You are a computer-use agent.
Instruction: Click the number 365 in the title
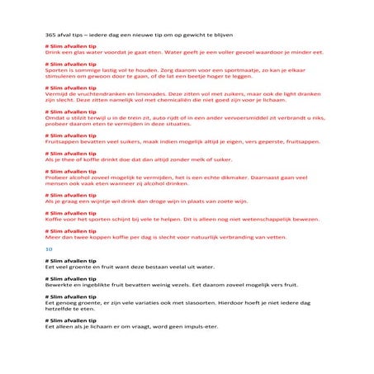(x=50, y=35)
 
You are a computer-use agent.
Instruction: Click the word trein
(x=144, y=119)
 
